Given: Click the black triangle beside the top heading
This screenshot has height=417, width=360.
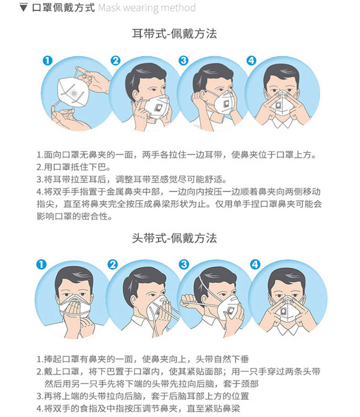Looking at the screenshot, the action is coord(23,7).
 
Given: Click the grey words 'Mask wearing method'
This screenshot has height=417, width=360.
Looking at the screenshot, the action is coord(147,8).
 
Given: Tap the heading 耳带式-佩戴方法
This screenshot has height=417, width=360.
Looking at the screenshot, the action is coord(175,34).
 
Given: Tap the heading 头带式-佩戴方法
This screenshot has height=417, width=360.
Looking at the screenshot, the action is coord(175,238).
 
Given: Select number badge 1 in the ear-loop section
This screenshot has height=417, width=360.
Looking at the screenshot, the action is coord(47,61).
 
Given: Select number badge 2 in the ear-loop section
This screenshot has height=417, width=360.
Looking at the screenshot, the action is coord(115,61).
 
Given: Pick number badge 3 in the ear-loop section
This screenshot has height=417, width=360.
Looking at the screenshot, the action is coord(184,61).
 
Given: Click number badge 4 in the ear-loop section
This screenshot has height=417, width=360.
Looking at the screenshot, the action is coord(252,61).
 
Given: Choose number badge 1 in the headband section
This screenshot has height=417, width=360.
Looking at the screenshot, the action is coord(41,264).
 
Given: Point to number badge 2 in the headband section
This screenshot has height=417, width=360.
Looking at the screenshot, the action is coord(113,264).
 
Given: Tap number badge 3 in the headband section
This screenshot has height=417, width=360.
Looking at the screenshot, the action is coord(184,264).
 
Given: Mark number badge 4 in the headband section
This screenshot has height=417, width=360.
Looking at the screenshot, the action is coord(255,264).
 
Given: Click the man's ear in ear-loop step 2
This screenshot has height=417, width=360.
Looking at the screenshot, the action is coord(135,96).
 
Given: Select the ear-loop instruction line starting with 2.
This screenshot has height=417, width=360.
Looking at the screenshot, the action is coord(73,167).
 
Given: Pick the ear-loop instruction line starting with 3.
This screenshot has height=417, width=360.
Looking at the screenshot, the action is coord(132,179).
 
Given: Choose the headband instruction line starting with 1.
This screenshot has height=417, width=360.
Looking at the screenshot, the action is coord(143,359).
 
